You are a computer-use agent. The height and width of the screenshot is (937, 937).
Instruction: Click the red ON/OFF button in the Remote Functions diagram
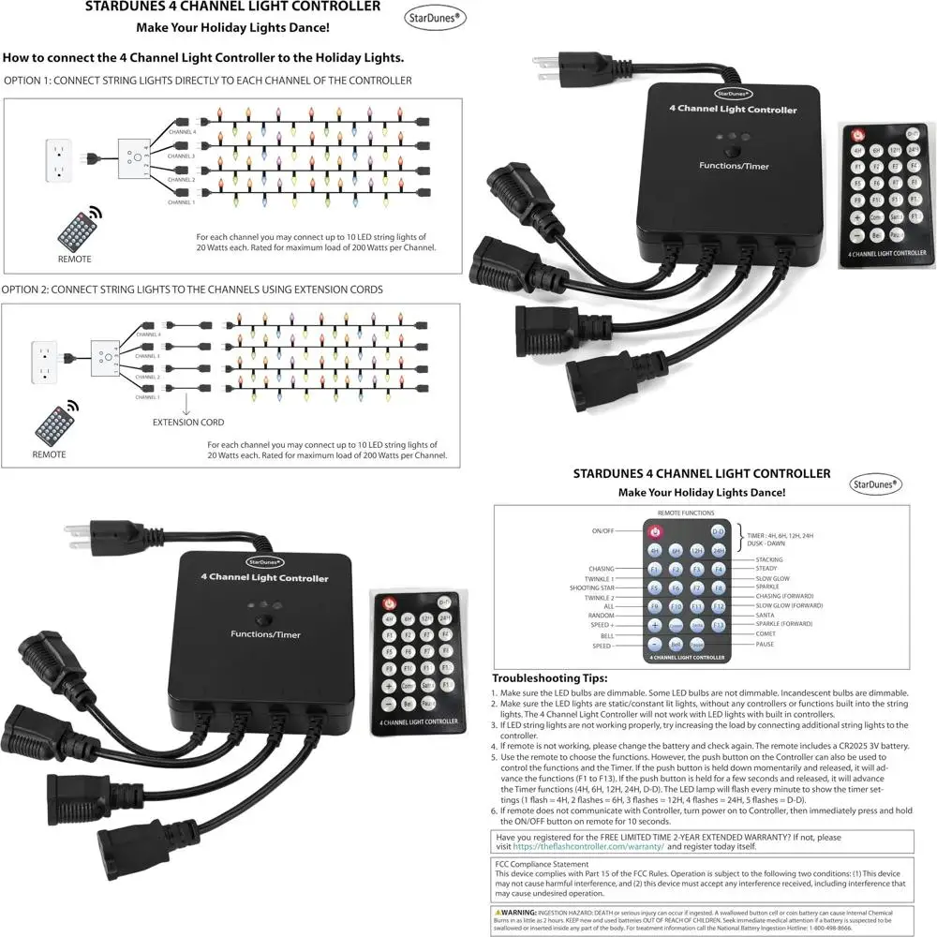(656, 531)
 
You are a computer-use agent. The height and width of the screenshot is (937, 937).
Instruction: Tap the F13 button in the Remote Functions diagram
(719, 624)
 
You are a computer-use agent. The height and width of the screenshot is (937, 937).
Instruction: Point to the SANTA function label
(766, 615)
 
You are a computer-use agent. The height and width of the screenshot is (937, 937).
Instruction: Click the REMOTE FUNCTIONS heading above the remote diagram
(687, 513)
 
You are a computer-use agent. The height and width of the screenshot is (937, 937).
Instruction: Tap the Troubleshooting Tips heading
(550, 677)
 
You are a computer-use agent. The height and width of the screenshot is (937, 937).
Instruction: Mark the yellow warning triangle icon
(498, 911)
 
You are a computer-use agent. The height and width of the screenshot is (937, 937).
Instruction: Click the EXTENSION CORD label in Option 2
(188, 423)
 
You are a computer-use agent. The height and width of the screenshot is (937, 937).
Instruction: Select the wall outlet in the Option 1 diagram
(59, 160)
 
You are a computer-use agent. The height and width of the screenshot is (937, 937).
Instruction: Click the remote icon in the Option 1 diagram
(75, 228)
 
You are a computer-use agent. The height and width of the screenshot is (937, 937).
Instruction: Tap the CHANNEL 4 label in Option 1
(181, 133)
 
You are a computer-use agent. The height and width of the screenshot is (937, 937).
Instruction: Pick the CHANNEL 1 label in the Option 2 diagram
(148, 396)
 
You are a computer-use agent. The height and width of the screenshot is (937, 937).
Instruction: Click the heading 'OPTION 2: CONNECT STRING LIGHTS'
(192, 290)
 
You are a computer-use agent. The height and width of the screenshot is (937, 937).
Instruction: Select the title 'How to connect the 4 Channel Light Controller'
(204, 58)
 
